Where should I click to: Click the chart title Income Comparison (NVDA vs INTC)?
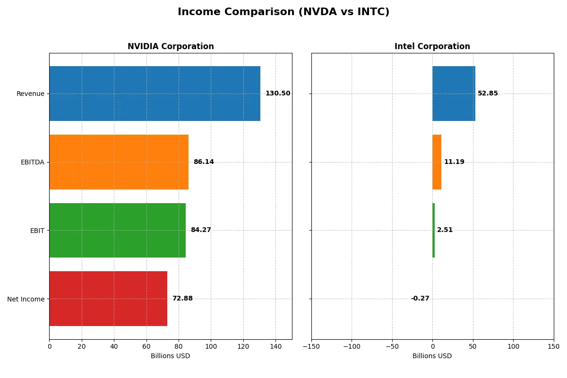point(283,12)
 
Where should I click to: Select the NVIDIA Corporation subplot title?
point(171,46)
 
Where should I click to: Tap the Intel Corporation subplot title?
point(432,46)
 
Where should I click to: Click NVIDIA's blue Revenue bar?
point(155,94)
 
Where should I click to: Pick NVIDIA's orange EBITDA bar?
point(119,162)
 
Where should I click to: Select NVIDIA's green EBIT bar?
point(117,230)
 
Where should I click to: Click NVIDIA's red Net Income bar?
point(108,299)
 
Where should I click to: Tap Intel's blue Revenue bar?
point(454,94)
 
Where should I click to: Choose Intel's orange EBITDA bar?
point(437,162)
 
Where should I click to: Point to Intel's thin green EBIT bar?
point(433,230)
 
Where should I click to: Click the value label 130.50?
point(278,94)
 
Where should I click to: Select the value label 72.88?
point(182,299)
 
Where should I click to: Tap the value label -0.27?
point(420,299)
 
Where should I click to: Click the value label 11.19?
point(454,162)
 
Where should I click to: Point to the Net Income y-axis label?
point(26,299)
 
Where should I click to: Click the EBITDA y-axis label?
point(33,162)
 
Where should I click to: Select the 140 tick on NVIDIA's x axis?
point(275,346)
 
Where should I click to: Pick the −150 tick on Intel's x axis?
point(311,346)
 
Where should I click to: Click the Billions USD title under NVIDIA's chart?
point(171,356)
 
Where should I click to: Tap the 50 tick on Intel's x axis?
point(473,346)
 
